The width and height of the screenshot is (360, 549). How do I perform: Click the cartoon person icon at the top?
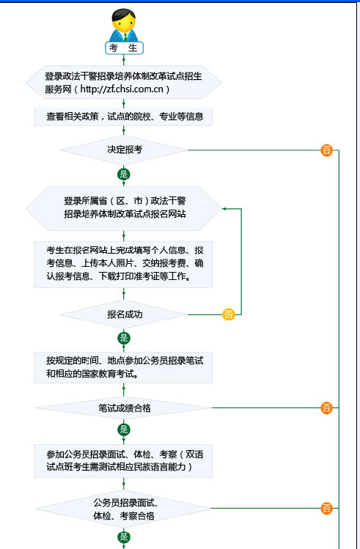click(x=123, y=25)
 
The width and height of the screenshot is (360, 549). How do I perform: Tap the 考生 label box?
click(x=123, y=48)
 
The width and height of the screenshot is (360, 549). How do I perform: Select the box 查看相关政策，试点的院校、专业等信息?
click(x=124, y=116)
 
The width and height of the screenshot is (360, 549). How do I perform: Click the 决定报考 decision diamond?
click(x=124, y=150)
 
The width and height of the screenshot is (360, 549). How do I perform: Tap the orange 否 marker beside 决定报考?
click(x=326, y=150)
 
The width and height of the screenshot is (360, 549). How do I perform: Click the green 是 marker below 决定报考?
click(x=123, y=174)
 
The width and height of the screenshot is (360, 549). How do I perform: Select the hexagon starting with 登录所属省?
click(x=124, y=207)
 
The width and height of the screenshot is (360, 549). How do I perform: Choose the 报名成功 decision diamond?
click(x=124, y=314)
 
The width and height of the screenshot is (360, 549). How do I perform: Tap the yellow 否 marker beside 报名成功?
click(x=229, y=314)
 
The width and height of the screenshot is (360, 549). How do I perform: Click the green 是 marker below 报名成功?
click(x=123, y=338)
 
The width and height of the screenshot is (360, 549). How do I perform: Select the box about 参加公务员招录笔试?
click(x=123, y=366)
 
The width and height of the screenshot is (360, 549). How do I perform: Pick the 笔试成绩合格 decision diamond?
click(x=124, y=408)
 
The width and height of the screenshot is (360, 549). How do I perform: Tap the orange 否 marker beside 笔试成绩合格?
click(x=326, y=408)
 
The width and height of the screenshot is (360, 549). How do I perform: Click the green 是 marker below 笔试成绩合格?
click(x=123, y=430)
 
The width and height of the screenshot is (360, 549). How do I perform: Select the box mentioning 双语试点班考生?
click(x=123, y=460)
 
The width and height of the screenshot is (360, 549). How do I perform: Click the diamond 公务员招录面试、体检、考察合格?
click(x=124, y=509)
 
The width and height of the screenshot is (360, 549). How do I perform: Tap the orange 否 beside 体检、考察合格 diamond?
click(x=326, y=509)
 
